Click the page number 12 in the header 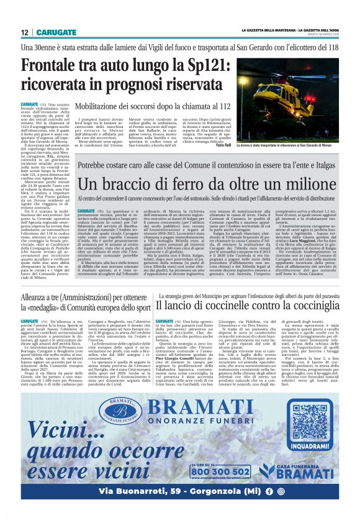coord(25,32)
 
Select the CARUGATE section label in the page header coord(56,32)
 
